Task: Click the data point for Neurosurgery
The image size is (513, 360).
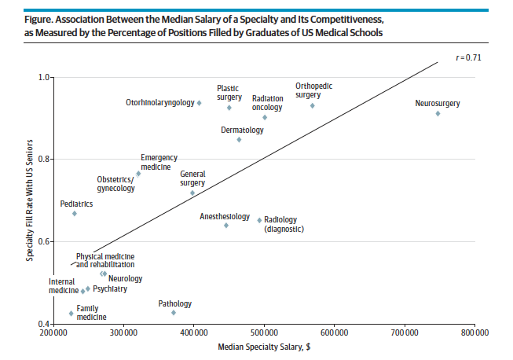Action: pyautogui.click(x=438, y=113)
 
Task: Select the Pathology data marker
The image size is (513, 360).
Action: pyautogui.click(x=174, y=312)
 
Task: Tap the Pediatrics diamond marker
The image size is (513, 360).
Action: pyautogui.click(x=75, y=213)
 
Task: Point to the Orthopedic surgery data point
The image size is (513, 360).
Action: pyautogui.click(x=312, y=105)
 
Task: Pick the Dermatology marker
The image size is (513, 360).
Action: pyautogui.click(x=239, y=139)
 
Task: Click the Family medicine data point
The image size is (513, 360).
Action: pyautogui.click(x=71, y=313)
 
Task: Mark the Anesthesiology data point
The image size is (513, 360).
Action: pyautogui.click(x=226, y=225)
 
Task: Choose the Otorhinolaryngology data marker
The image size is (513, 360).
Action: pyautogui.click(x=200, y=103)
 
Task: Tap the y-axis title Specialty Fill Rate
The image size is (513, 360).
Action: pyautogui.click(x=30, y=201)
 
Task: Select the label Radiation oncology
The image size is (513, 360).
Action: pyautogui.click(x=268, y=103)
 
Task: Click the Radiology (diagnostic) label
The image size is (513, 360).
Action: pyautogui.click(x=284, y=224)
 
